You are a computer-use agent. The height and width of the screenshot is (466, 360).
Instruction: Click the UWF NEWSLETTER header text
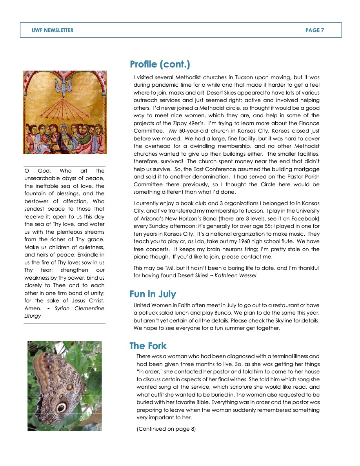point(53,30)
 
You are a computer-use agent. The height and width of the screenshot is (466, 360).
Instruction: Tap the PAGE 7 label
point(315,30)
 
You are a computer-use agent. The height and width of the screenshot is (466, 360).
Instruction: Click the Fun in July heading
point(153,294)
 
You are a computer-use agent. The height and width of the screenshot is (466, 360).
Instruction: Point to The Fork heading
point(148,346)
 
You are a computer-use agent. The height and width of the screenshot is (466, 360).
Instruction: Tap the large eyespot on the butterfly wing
point(61,407)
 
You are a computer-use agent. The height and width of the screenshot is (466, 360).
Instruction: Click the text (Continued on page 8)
point(166,429)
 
